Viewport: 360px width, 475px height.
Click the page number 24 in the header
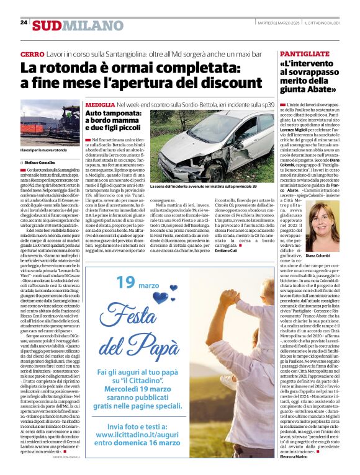pos(24,22)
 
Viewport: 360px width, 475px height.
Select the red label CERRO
pos(32,55)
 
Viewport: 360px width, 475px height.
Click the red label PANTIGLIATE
pos(305,55)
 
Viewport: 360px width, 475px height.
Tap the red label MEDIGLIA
pos(100,105)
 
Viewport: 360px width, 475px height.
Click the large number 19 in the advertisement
pos(125,266)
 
